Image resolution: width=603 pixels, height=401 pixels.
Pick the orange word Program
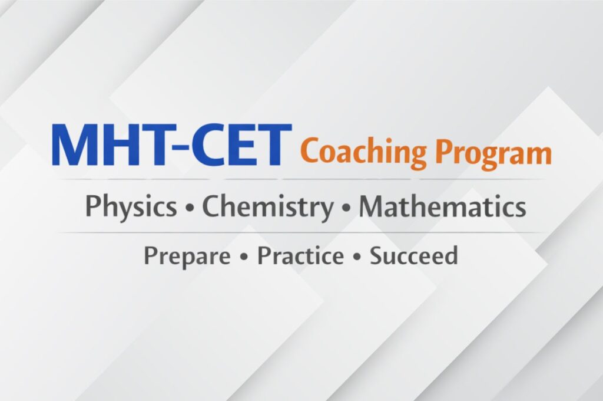tap(495, 153)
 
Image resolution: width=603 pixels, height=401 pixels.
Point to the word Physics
tap(131, 207)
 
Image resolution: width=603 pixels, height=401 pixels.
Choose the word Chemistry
tap(268, 207)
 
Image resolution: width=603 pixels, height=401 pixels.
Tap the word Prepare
tap(187, 256)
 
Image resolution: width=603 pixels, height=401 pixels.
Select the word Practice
tap(300, 255)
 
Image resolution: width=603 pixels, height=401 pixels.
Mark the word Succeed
tap(414, 255)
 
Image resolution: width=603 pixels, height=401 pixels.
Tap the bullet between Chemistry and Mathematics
tap(346, 208)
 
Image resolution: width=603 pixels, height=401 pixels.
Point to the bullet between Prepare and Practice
tap(243, 256)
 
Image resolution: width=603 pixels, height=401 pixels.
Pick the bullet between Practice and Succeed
tap(357, 256)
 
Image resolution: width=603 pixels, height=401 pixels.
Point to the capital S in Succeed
tap(377, 255)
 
